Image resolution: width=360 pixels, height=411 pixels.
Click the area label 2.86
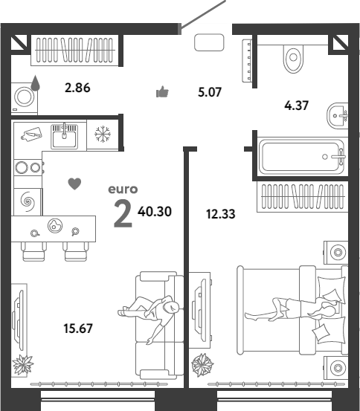77,88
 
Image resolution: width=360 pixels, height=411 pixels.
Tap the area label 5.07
210,92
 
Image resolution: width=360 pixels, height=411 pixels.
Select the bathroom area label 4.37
297,106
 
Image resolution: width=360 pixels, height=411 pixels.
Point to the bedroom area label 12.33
221,214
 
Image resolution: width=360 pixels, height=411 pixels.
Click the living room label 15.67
78,329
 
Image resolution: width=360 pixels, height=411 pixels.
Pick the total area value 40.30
155,212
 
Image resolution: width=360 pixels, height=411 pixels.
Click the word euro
123,190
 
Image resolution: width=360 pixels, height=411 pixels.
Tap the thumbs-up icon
162,92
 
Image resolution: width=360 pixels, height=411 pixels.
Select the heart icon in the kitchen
74,184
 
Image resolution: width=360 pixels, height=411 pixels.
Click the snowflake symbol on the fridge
103,135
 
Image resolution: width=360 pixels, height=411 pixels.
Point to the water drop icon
36,82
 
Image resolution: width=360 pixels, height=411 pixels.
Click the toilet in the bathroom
293,59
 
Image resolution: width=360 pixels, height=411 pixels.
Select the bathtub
301,157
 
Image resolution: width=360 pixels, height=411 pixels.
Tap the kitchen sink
64,137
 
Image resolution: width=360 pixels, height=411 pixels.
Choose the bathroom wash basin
338,115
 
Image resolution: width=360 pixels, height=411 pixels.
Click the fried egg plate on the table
55,226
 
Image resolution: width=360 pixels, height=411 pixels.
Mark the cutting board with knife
32,135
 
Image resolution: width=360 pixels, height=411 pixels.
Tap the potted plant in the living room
23,365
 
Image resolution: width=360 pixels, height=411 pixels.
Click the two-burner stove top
28,167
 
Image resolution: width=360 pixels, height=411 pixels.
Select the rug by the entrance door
209,42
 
